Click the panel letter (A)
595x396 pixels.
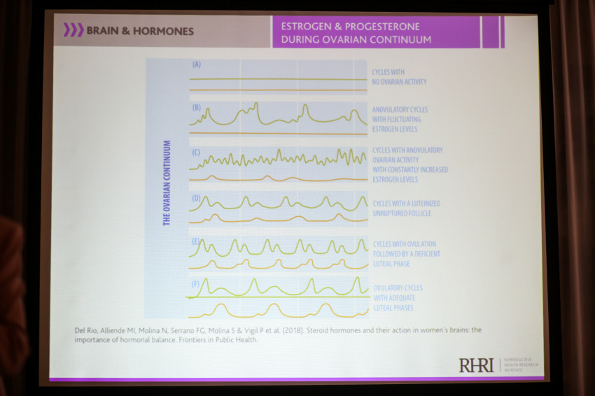coord(197,64)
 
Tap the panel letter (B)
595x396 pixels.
coord(197,107)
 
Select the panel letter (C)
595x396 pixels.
coord(197,152)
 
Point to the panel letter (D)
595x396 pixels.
coord(197,198)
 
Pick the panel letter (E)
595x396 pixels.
coord(197,241)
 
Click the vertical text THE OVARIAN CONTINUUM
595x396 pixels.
coord(167,183)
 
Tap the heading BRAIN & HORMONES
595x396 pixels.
coord(139,31)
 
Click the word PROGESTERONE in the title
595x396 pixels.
coord(386,27)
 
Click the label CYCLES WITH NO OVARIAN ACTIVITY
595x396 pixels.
coord(399,77)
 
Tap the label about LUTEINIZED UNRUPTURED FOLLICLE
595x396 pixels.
coord(406,208)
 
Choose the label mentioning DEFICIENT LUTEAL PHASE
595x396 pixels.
coord(406,254)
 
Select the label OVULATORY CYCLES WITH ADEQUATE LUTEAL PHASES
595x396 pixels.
coord(398,297)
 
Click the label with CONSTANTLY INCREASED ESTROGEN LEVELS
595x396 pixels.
coord(409,164)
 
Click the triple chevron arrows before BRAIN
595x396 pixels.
coord(73,30)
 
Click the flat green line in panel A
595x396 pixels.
coord(280,79)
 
